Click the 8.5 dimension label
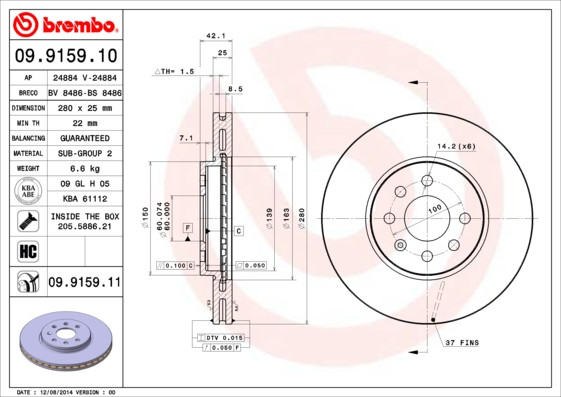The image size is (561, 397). pos(235,90)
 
